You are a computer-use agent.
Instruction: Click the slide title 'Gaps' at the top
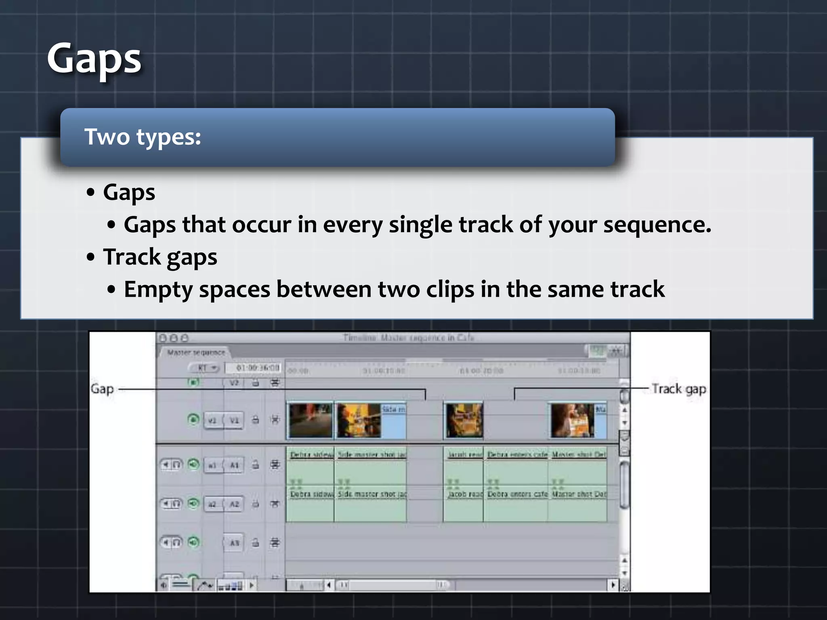[94, 59]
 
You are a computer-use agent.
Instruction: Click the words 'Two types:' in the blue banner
[143, 137]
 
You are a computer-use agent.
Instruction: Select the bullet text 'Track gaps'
[160, 257]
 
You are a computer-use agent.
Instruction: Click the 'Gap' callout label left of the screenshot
[102, 389]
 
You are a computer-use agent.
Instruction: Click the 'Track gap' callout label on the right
[679, 389]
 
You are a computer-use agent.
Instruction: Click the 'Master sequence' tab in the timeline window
[196, 352]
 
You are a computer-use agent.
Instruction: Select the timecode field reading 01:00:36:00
[257, 368]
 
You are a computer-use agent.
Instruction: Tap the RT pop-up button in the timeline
[204, 368]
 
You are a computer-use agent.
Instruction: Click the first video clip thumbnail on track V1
[310, 420]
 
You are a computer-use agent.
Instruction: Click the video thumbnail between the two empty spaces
[464, 420]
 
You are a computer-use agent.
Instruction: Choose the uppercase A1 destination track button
[234, 465]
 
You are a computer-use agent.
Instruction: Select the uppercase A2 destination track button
[234, 504]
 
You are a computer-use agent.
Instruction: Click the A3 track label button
[234, 543]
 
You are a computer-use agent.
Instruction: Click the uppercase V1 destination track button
[234, 420]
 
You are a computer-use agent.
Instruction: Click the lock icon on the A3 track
[256, 543]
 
